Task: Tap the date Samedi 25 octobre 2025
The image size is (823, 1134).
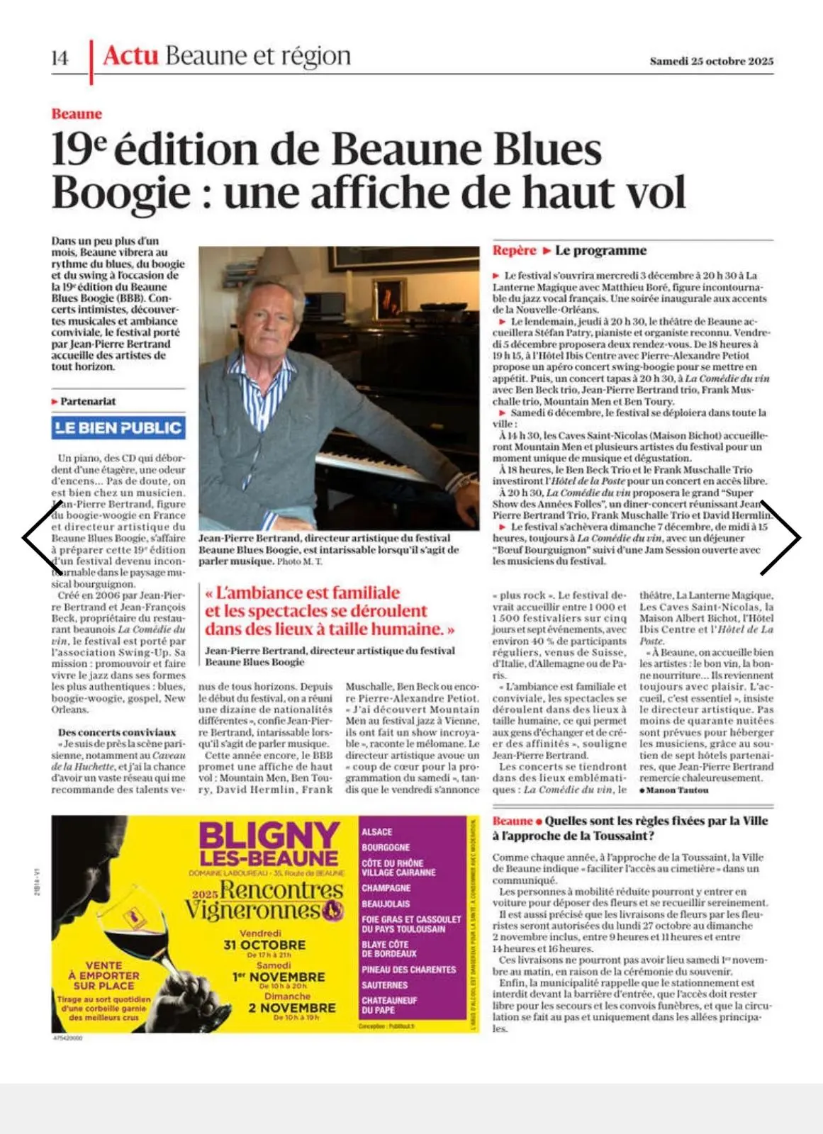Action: tap(711, 61)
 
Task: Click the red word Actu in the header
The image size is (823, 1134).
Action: tap(130, 55)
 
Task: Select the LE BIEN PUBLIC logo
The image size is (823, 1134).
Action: tap(118, 427)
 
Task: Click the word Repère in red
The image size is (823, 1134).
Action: tap(515, 250)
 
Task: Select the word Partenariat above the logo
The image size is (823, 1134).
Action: tap(88, 401)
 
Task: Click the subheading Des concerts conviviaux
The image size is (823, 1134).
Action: tap(117, 732)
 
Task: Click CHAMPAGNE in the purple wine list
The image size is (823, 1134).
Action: tap(386, 888)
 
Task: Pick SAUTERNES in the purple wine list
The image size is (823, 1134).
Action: tap(385, 985)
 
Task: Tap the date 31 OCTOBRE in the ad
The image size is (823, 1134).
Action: tap(264, 945)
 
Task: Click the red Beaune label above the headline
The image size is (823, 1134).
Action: tap(77, 114)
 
